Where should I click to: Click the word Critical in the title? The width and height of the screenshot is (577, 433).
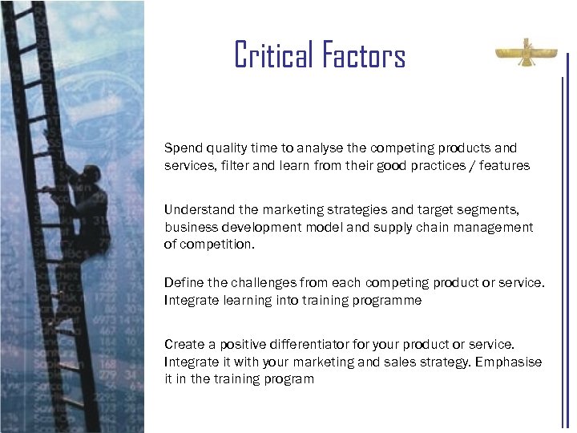click(274, 55)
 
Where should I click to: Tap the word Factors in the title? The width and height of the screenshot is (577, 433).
click(364, 55)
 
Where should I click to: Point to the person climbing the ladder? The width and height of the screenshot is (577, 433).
click(88, 208)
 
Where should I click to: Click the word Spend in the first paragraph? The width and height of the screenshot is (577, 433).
click(182, 148)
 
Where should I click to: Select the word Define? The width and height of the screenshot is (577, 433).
click(183, 283)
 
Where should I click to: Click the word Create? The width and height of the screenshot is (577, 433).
click(184, 345)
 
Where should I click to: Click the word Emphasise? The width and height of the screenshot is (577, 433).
click(508, 362)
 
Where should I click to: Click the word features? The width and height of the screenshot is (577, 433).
click(502, 165)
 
